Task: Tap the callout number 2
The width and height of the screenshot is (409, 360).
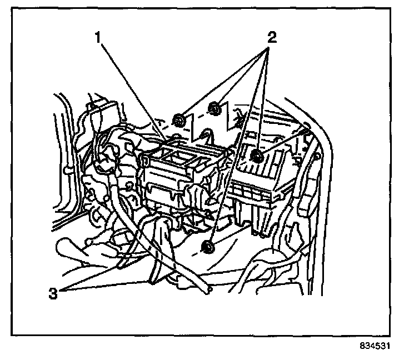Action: (271, 38)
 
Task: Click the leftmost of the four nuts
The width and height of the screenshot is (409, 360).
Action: (179, 119)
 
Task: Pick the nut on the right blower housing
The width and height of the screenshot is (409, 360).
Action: (257, 156)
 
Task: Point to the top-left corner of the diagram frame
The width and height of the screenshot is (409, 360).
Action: (12, 12)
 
